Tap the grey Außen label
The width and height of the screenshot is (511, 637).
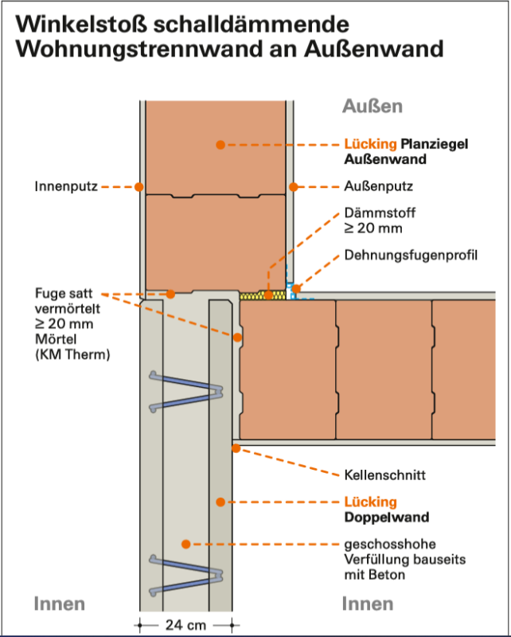[373, 106]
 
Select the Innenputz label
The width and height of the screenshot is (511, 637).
[66, 186]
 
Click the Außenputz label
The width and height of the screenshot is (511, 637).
[379, 186]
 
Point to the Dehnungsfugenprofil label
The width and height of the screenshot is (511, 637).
[411, 255]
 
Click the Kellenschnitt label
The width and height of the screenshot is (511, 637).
[384, 475]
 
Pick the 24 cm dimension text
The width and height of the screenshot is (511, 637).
[185, 625]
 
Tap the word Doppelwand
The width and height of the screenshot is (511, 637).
[387, 517]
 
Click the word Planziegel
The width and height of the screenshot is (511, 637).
[435, 144]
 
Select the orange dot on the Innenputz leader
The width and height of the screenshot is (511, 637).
[139, 187]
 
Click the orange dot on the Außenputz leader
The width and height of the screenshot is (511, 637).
[294, 187]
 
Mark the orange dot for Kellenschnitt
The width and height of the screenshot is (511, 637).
[236, 448]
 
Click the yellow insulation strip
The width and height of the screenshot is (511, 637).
[263, 295]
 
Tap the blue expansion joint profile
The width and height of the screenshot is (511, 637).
[293, 289]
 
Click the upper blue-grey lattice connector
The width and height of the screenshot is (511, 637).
[186, 392]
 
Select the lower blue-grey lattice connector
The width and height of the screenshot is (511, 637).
[186, 575]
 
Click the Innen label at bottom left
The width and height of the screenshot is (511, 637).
[60, 604]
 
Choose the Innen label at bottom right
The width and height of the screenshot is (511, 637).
[368, 604]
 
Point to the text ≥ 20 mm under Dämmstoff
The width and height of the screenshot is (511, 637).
[373, 228]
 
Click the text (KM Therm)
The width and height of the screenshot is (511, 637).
[72, 354]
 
